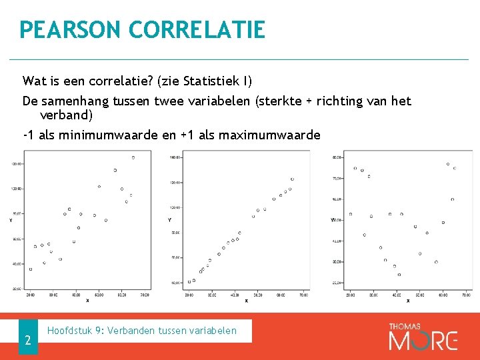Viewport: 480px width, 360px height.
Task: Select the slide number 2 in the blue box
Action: tap(28, 341)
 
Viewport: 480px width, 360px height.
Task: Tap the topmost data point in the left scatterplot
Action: tap(133, 157)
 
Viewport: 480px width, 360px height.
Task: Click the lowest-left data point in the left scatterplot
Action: tap(31, 269)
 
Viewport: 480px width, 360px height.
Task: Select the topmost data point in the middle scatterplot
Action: tap(292, 179)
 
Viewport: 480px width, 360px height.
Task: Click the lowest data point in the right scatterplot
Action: tap(399, 274)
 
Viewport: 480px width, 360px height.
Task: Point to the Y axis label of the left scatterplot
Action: tap(10, 219)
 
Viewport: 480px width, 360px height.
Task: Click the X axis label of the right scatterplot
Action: tap(408, 301)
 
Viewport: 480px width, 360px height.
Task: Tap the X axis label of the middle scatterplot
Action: tap(246, 301)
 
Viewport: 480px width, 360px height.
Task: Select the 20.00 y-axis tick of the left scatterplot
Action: tap(17, 288)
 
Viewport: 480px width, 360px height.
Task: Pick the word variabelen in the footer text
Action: tap(213, 330)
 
